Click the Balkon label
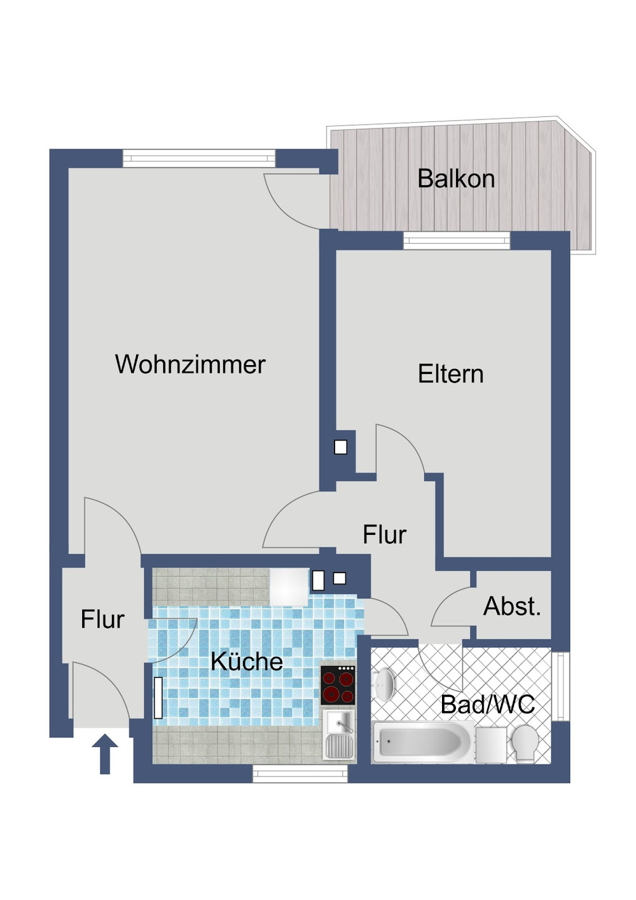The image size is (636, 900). [x=456, y=179]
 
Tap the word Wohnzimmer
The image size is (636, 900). [x=190, y=364]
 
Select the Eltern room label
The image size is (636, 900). [x=450, y=374]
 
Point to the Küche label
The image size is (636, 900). [x=246, y=661]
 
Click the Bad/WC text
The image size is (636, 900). [x=487, y=704]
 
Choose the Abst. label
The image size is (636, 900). [x=512, y=606]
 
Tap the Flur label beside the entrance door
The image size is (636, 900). [x=102, y=619]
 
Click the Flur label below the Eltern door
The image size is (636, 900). [x=384, y=535]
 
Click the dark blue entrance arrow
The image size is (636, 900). [x=105, y=754]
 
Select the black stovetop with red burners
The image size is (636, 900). [x=338, y=686]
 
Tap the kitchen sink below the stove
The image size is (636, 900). [x=338, y=735]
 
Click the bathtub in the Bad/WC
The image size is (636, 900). [x=422, y=742]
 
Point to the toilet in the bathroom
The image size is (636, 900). [x=525, y=743]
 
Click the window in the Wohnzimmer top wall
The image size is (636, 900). [x=198, y=158]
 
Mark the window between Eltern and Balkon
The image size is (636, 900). [x=457, y=240]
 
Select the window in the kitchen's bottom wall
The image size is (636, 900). [x=300, y=773]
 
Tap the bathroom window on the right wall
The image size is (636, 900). [x=560, y=686]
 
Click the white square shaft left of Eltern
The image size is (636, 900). [x=341, y=447]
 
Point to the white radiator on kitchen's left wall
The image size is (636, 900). [x=158, y=698]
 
